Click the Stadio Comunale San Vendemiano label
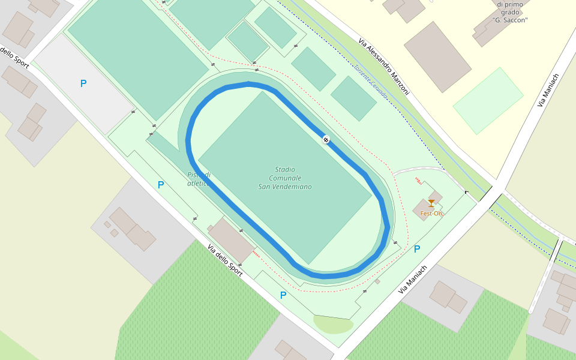point(285,178)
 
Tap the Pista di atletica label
point(199,179)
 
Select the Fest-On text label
point(431,214)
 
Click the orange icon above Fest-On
point(431,203)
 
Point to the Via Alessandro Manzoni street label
point(384,67)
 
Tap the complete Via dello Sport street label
point(225,260)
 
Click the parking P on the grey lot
point(83,83)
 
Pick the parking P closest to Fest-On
point(417,248)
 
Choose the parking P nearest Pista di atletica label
point(161,185)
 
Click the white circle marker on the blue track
point(326,140)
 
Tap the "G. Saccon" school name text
point(509,20)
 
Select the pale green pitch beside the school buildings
point(488,100)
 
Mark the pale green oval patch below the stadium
point(333,325)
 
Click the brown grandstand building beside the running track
point(232,238)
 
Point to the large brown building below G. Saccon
point(437,56)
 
